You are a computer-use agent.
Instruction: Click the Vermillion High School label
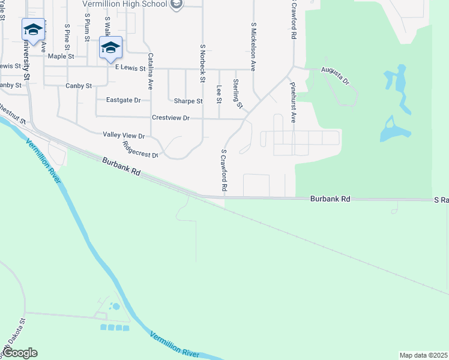125,4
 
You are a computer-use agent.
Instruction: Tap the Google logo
20,353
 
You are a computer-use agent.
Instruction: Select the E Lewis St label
130,68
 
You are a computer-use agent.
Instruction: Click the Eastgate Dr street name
123,100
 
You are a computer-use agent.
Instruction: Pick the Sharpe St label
188,101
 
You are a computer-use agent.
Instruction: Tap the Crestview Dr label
170,118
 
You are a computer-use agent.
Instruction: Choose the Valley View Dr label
124,136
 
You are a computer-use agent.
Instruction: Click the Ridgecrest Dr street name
140,149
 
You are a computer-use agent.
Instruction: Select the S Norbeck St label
203,63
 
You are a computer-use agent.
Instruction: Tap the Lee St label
219,93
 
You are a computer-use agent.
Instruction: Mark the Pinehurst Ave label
293,103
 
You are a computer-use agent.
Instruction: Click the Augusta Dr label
335,76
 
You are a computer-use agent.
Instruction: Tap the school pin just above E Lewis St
110,47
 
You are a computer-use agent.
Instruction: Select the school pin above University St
33,29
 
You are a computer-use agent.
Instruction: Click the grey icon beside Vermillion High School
176,5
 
